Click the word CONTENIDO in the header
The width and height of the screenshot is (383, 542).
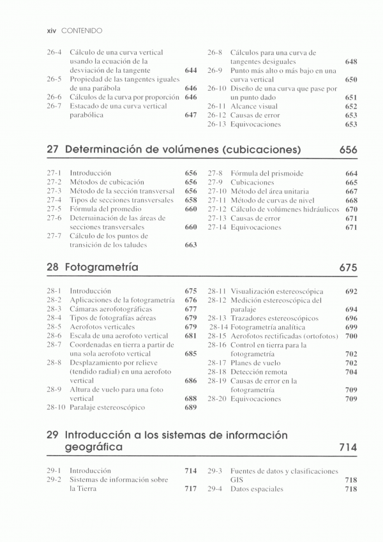pos(82,31)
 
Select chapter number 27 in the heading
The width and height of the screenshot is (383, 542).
pos(53,150)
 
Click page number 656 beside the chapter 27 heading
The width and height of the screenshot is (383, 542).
pos(349,150)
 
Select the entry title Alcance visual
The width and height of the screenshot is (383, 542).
pos(254,107)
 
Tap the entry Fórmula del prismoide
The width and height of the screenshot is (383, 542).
pos(267,173)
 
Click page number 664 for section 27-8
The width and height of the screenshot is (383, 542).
pos(351,173)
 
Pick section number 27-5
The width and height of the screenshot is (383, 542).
pos(54,209)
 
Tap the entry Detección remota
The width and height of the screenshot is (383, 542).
pos(258,372)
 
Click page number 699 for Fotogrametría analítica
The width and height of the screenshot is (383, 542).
pos(351,327)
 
